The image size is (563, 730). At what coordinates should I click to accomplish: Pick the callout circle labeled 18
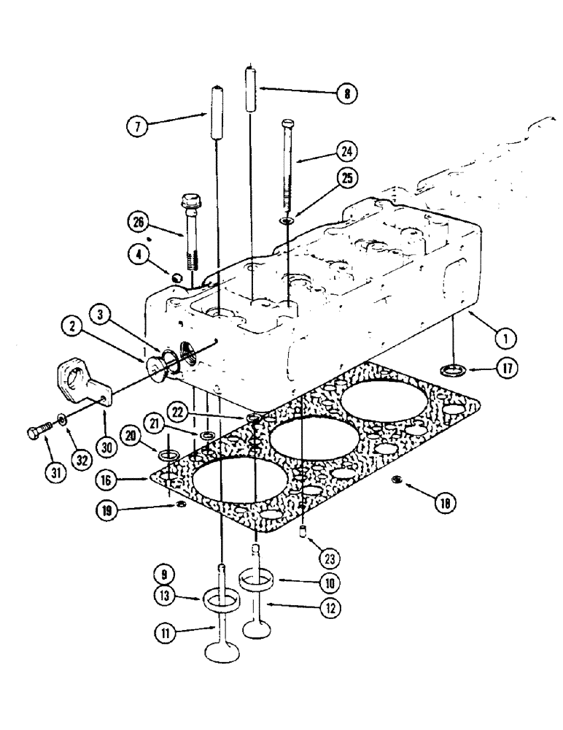point(443,504)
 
